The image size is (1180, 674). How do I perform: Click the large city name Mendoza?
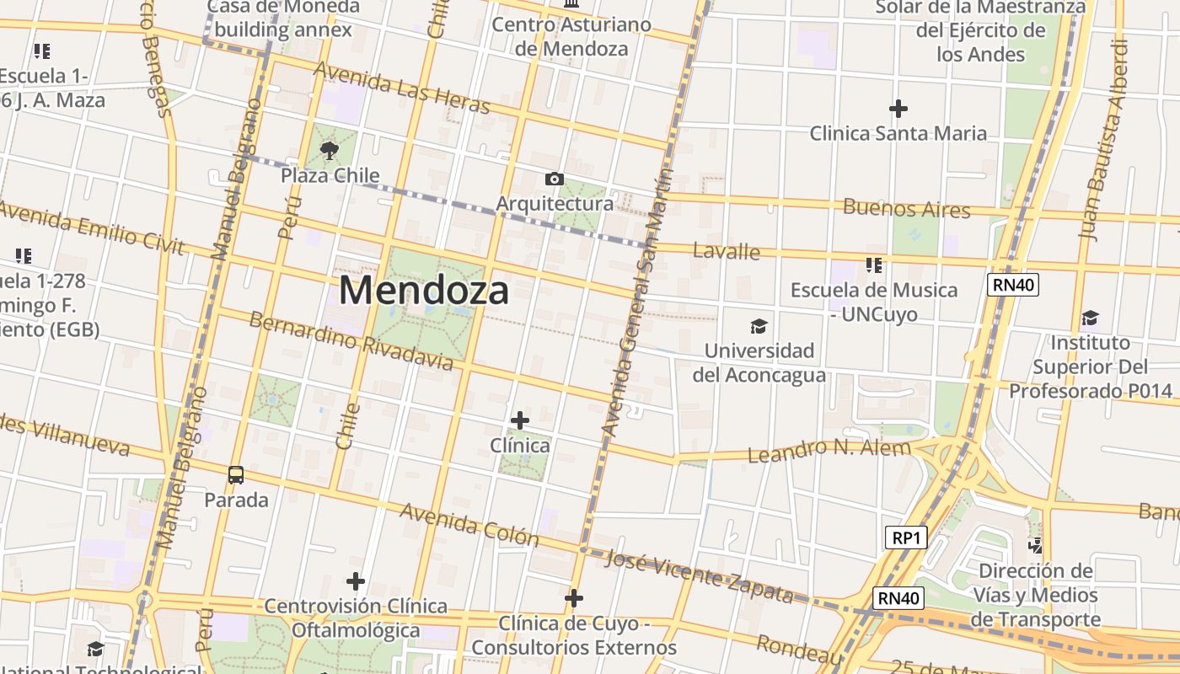click(x=424, y=291)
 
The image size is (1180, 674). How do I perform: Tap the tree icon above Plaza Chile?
click(x=330, y=152)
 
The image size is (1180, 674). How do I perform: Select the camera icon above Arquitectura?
click(x=554, y=179)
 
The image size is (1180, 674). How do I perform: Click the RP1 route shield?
click(x=906, y=538)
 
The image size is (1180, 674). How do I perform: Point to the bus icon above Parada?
click(x=236, y=475)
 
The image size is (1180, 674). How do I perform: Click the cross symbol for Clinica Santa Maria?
click(x=898, y=109)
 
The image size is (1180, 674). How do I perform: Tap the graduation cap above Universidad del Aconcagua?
click(x=759, y=326)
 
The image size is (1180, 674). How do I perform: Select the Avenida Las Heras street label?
click(x=401, y=87)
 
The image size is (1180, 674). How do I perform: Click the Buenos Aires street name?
click(x=907, y=208)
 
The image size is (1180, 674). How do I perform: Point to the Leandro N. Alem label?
click(x=829, y=450)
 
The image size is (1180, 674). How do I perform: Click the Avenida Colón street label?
click(x=469, y=523)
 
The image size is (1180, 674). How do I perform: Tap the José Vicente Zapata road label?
click(x=700, y=577)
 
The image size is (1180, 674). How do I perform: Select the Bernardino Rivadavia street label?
click(x=351, y=341)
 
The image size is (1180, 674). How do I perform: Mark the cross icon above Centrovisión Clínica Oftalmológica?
click(x=356, y=581)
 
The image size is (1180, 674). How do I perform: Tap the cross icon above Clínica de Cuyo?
click(x=574, y=598)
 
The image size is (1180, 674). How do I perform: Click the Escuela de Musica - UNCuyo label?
click(x=874, y=302)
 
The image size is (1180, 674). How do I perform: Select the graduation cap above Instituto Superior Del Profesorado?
click(x=1091, y=318)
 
